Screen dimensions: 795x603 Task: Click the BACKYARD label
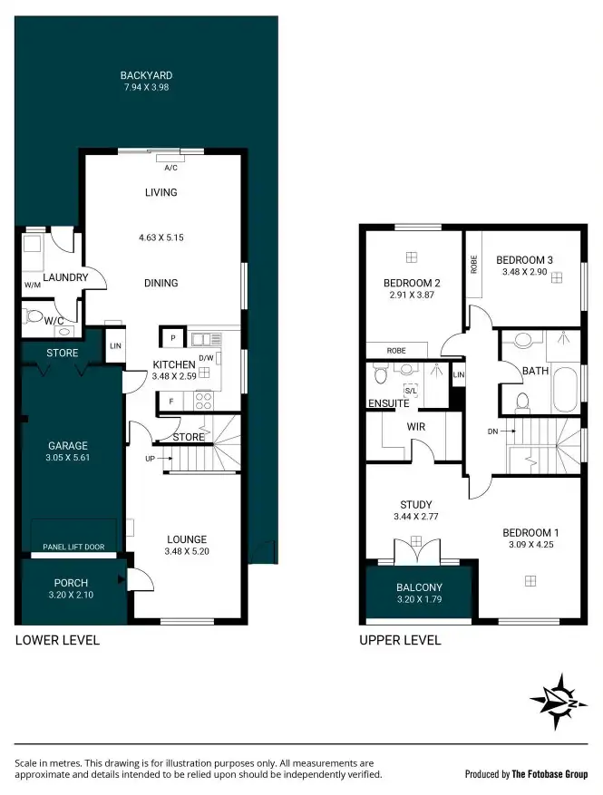[146, 75]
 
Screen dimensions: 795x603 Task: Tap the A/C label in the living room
[170, 168]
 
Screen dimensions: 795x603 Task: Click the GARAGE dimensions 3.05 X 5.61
[68, 458]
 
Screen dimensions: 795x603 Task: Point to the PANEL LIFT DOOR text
[73, 547]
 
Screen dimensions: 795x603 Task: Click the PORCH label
[70, 583]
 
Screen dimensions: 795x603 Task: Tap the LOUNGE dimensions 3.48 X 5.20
[186, 551]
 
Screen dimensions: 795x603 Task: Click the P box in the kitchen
[172, 338]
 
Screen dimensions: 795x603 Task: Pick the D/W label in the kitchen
[206, 357]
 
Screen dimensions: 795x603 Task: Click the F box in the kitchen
[171, 400]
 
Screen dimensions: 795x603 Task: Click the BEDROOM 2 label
[411, 282]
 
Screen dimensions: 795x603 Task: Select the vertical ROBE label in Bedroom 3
[473, 263]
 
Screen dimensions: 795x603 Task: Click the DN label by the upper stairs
[492, 431]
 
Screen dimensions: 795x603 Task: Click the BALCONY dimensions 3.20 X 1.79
[419, 600]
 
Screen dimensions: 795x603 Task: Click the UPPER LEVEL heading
[400, 640]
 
